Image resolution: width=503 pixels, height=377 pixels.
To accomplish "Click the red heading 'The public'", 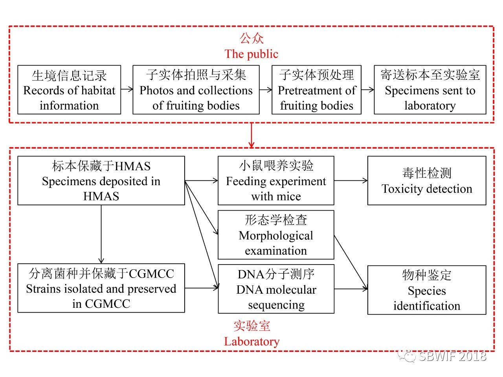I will [251, 54].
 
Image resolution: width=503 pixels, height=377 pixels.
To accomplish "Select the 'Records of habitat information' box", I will [69, 90].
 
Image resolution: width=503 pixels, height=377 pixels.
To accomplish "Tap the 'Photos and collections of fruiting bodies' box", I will [196, 90].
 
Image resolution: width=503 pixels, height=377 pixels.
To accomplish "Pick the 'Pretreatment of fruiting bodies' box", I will [316, 90].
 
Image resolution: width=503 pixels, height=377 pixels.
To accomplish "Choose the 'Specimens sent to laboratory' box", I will [430, 90].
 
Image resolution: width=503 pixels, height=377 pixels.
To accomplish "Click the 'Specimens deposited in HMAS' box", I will [101, 181].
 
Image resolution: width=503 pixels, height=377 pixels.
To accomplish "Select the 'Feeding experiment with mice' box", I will [276, 181].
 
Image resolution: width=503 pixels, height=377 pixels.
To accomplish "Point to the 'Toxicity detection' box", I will [427, 181].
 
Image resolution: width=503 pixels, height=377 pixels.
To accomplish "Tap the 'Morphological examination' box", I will [276, 235].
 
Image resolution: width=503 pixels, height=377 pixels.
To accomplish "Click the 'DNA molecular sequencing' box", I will [276, 289].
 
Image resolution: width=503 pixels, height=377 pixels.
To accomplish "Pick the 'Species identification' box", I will [427, 290].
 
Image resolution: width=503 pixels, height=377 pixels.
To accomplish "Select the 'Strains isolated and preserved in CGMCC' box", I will [101, 289].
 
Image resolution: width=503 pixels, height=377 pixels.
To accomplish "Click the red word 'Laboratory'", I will [251, 341].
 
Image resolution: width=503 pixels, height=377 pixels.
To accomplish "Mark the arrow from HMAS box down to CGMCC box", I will [101, 234].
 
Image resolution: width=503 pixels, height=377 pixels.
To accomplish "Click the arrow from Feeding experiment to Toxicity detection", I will [351, 181].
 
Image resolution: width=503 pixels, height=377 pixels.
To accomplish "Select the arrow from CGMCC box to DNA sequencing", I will [201, 288].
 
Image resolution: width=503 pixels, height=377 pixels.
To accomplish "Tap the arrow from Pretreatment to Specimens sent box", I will [367, 90].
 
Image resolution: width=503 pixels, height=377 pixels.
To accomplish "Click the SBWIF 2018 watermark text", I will [452, 356].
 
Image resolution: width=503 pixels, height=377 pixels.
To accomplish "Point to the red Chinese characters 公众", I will [251, 38].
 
